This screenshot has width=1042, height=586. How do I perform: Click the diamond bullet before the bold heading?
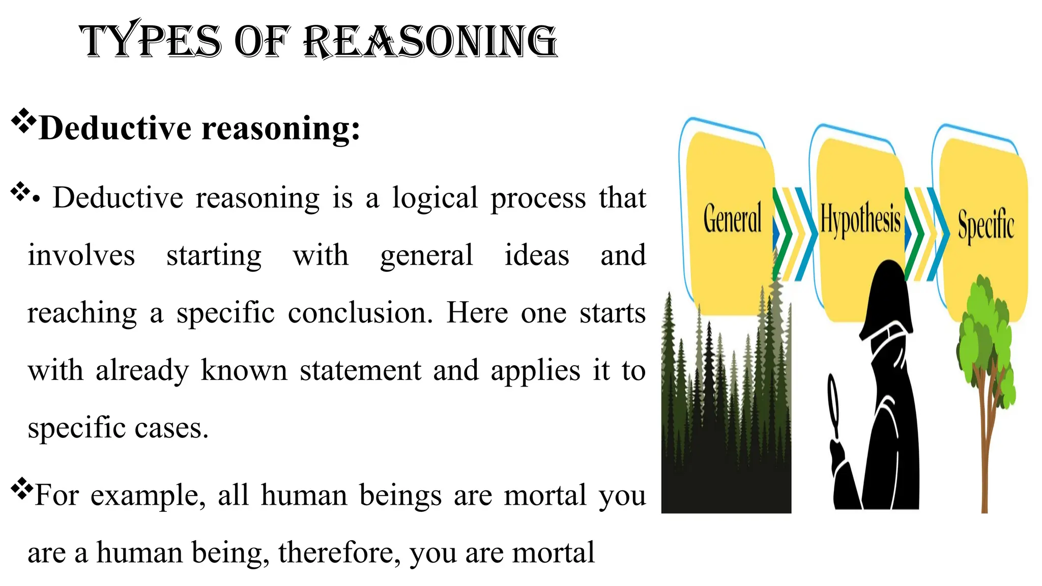coord(23,121)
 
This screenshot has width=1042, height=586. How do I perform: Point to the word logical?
coord(435,198)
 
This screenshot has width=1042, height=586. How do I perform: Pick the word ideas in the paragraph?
coord(536,255)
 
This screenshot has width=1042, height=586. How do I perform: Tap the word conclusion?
coord(360,313)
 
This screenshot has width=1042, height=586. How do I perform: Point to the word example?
coord(148,495)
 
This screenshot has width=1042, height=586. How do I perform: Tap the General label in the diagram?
coord(732,218)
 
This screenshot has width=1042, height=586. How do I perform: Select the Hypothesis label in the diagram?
coord(860,220)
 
